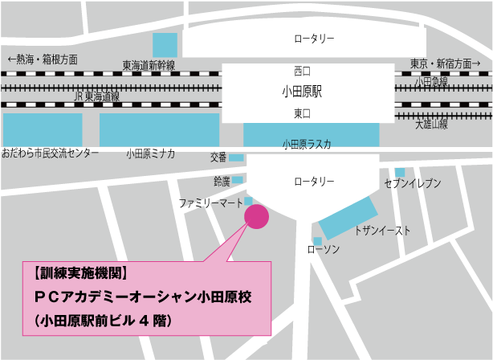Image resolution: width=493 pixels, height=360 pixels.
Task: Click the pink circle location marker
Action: (x=257, y=215)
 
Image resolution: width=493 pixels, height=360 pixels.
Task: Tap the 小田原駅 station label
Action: (x=301, y=92)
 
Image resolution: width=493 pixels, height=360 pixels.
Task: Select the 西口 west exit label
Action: (x=301, y=70)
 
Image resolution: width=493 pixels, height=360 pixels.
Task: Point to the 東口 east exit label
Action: (x=301, y=114)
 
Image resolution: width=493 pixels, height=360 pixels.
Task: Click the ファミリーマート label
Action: (x=210, y=205)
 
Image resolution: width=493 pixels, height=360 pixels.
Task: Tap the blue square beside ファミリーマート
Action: (x=249, y=201)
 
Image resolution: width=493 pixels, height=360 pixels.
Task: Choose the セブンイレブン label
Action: (x=413, y=184)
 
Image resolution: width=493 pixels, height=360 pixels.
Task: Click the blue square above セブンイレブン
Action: (x=400, y=172)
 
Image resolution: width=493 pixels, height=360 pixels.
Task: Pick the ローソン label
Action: (x=324, y=251)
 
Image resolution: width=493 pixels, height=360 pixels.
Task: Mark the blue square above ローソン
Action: (x=318, y=240)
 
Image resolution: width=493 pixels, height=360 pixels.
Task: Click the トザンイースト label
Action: (x=382, y=231)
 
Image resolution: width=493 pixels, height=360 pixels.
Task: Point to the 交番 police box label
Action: (x=219, y=157)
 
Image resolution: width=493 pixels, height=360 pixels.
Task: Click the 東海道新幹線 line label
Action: (x=149, y=64)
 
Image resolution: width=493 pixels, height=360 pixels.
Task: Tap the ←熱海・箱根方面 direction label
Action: (x=42, y=59)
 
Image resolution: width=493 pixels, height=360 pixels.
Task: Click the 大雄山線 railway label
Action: (x=431, y=125)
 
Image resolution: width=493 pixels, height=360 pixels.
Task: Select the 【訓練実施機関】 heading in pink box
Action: (x=81, y=272)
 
